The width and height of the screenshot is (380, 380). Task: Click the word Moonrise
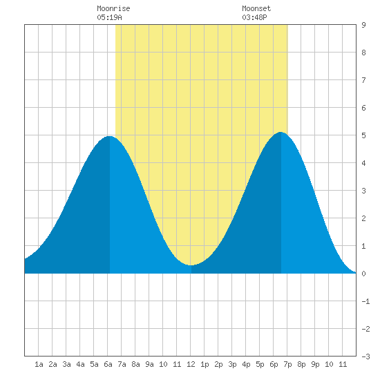pyautogui.click(x=113, y=8)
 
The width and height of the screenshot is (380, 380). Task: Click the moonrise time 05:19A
pyautogui.click(x=109, y=17)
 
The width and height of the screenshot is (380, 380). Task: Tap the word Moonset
pyautogui.click(x=256, y=8)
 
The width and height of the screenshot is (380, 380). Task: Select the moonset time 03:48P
pyautogui.click(x=254, y=17)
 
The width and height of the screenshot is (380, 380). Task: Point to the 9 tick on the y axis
pyautogui.click(x=363, y=25)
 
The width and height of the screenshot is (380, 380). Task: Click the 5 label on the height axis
pyautogui.click(x=363, y=135)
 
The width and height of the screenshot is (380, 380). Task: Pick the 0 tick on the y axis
pyautogui.click(x=363, y=274)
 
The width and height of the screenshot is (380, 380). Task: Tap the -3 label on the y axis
pyautogui.click(x=365, y=357)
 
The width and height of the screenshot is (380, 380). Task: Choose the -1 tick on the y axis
pyautogui.click(x=365, y=301)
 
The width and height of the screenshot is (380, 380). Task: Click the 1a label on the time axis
pyautogui.click(x=39, y=364)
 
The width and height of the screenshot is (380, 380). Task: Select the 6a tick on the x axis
pyautogui.click(x=108, y=364)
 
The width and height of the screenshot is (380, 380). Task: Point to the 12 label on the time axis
pyautogui.click(x=191, y=364)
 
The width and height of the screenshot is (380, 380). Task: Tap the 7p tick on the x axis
pyautogui.click(x=287, y=364)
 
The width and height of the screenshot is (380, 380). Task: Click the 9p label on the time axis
pyautogui.click(x=315, y=364)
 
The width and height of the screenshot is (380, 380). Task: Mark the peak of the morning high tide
pyautogui.click(x=110, y=136)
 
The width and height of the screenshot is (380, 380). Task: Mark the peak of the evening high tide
pyautogui.click(x=281, y=132)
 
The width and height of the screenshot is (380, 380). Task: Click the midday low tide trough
pyautogui.click(x=191, y=265)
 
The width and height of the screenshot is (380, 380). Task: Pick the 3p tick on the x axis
pyautogui.click(x=232, y=364)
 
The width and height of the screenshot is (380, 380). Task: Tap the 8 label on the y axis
pyautogui.click(x=363, y=53)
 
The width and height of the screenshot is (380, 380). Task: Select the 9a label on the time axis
pyautogui.click(x=149, y=364)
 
